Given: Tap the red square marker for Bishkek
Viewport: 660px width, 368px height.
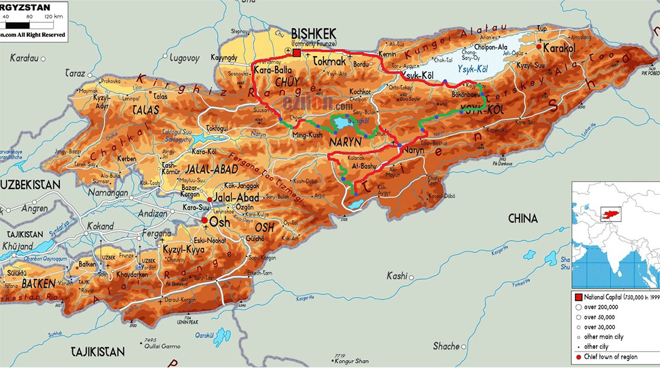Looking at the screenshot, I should [296, 54].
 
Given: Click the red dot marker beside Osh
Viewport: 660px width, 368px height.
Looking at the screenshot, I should [204, 221].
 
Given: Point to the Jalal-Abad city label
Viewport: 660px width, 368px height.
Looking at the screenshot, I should [237, 198].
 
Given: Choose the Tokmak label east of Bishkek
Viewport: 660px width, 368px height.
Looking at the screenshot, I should [330, 61].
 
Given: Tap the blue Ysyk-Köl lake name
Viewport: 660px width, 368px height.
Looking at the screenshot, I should [472, 69].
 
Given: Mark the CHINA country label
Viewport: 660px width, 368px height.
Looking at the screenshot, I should [522, 218].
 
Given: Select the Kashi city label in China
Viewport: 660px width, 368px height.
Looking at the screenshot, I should [397, 276].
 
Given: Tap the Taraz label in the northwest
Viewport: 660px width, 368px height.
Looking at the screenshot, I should [75, 73].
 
